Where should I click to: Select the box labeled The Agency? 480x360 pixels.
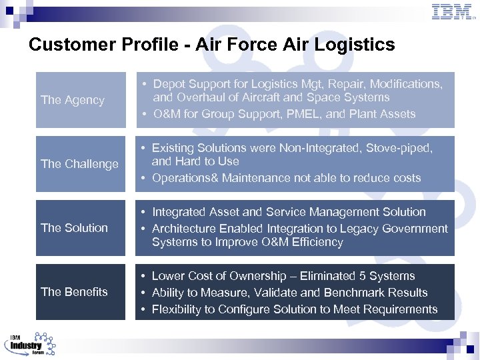(x=81, y=100)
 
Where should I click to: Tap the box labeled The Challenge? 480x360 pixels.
(x=81, y=164)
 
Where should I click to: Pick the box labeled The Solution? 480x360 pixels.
(x=81, y=228)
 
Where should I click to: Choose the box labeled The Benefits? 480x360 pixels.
(x=81, y=292)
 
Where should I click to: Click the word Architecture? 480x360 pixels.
(x=184, y=229)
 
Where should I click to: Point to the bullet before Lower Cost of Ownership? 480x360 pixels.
(x=144, y=276)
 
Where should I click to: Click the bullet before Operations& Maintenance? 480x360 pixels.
(x=144, y=178)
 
